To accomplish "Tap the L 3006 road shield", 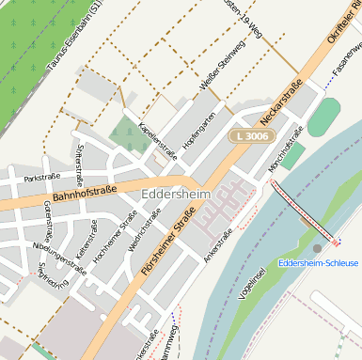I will coord(250,136).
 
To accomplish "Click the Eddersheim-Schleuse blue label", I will coord(318,261).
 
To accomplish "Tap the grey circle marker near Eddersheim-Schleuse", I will coord(317,248).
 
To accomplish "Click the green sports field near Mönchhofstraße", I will coord(323,117).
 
